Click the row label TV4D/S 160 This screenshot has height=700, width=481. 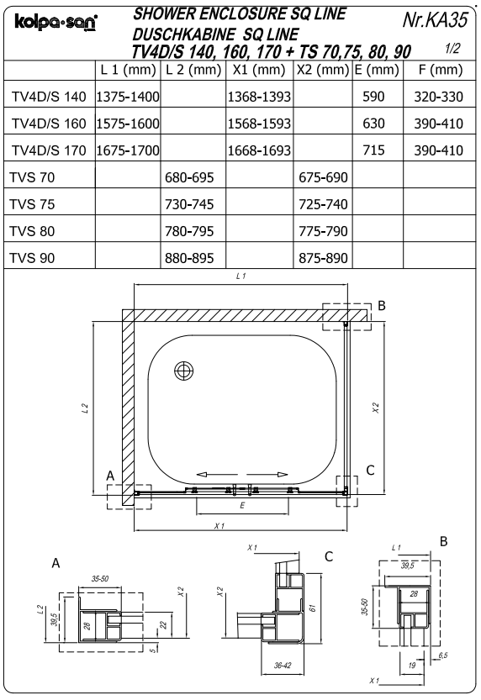point(49,124)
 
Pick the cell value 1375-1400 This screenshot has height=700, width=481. point(129,98)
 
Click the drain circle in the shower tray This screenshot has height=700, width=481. point(182,371)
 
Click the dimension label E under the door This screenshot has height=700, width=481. point(242,507)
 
